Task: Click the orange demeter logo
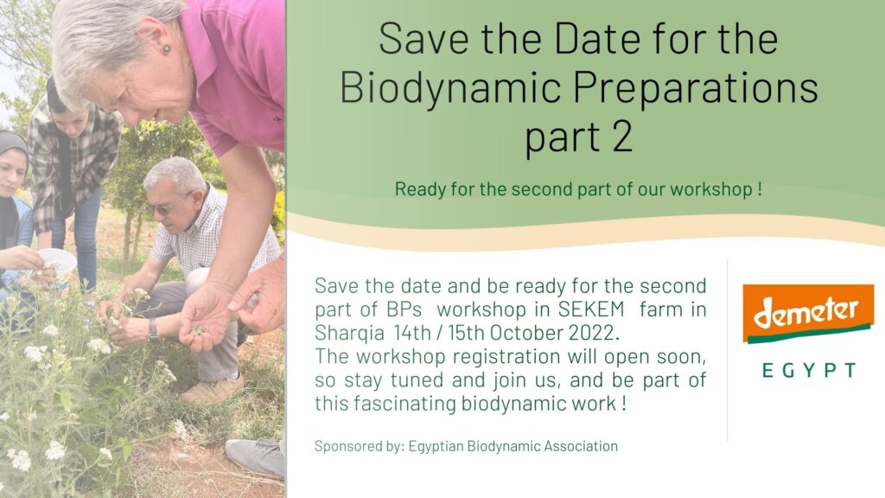(x=808, y=313)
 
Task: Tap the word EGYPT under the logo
(x=809, y=370)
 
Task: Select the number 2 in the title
(x=621, y=137)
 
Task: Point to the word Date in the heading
(x=596, y=38)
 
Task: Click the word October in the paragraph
(x=526, y=333)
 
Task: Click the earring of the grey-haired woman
(x=166, y=48)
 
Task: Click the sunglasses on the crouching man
(x=163, y=207)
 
